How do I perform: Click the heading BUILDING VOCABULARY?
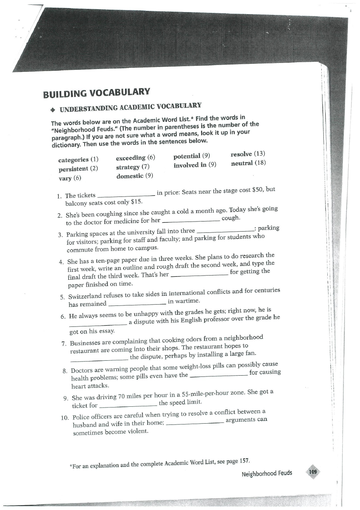point(97,92)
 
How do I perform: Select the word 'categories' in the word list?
point(74,160)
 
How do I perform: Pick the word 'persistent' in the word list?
point(74,169)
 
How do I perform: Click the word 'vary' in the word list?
point(65,178)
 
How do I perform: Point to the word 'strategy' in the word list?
point(127,167)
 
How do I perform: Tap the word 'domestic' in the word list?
point(130,176)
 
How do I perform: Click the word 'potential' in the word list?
point(187,156)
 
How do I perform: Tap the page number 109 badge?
point(313,472)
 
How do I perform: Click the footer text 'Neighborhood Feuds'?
point(267,473)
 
